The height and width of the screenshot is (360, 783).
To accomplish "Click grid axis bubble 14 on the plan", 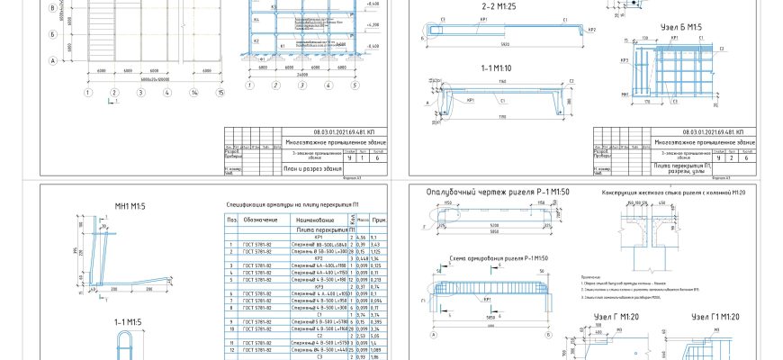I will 193,92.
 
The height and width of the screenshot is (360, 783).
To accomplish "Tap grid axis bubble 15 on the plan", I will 219,92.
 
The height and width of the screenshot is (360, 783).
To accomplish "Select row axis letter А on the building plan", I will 53,61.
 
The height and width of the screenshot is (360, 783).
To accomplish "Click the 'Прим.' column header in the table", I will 378,220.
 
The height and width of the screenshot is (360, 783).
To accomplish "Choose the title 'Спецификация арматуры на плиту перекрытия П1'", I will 302,205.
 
